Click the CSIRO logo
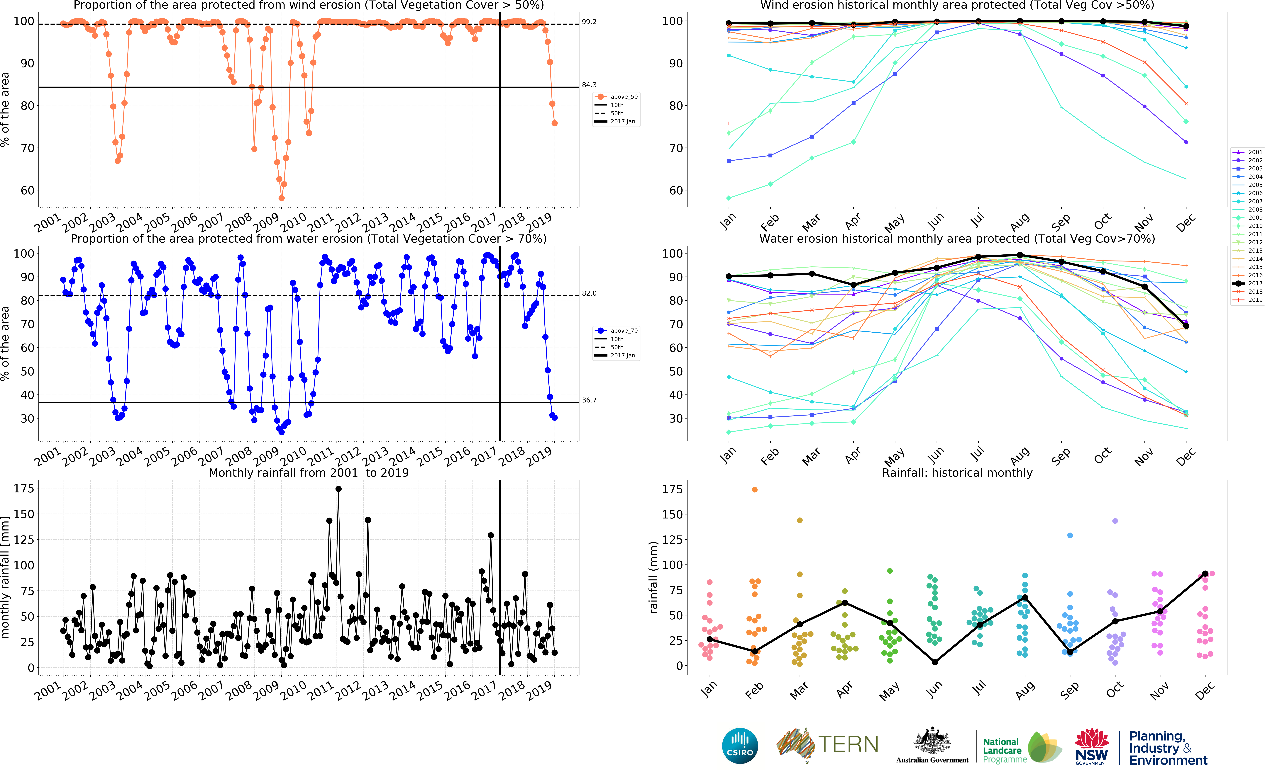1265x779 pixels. (740, 746)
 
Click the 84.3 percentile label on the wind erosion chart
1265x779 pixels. (589, 85)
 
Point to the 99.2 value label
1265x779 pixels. (589, 22)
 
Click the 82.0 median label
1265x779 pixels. (589, 293)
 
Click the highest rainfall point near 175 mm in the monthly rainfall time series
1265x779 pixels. (338, 489)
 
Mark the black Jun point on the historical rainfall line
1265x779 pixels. (935, 662)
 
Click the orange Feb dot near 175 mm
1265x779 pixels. (754, 489)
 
